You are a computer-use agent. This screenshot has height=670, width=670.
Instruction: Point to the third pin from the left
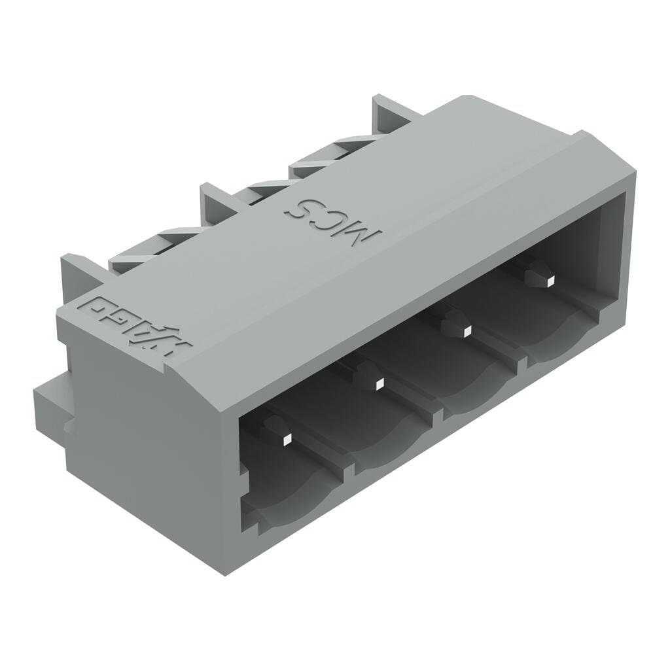465,331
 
